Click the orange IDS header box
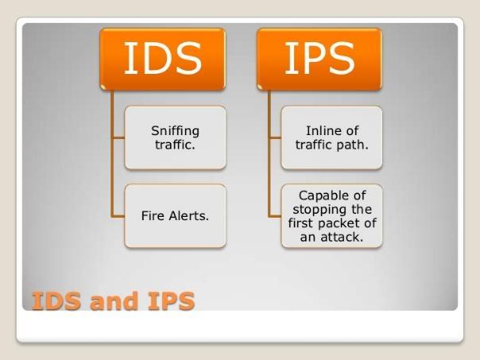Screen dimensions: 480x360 [x=163, y=59]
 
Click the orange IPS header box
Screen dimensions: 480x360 [x=319, y=59]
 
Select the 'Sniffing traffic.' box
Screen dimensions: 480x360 [x=176, y=137]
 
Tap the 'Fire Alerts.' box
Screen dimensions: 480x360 [x=176, y=216]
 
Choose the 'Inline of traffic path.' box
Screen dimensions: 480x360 [x=332, y=137]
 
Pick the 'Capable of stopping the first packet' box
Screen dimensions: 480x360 [x=332, y=216]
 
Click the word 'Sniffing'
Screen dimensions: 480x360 [x=175, y=131]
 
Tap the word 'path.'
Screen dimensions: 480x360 [x=352, y=145]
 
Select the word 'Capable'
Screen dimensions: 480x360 [x=322, y=196]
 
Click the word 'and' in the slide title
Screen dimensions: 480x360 [x=114, y=301]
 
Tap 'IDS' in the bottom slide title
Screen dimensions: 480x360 [x=56, y=301]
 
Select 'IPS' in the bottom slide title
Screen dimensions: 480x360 [x=171, y=301]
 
